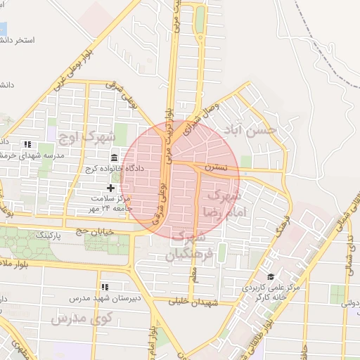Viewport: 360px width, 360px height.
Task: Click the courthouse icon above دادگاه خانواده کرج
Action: click(115, 157)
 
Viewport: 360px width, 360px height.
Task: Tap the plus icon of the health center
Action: click(110, 188)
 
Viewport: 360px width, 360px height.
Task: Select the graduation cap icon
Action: click(271, 276)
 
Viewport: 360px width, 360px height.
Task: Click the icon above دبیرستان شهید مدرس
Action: click(105, 287)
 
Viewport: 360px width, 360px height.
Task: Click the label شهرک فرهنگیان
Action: click(191, 245)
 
